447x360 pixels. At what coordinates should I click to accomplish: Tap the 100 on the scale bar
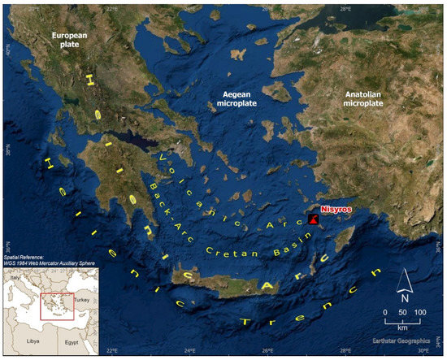pos(419,312)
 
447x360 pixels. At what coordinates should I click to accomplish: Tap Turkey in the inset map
pos(85,300)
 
